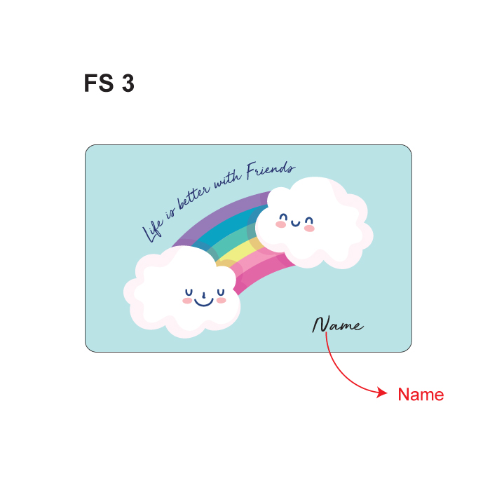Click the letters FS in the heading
tap(99, 83)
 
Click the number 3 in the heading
tap(128, 83)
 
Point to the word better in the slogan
tap(193, 198)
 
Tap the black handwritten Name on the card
tap(338, 324)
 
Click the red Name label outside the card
tap(421, 394)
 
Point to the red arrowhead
tap(382, 393)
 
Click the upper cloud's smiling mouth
tap(295, 224)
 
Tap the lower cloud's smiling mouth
tap(203, 301)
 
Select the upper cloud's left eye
tap(283, 217)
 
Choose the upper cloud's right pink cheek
tap(309, 229)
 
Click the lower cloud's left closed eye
tap(189, 292)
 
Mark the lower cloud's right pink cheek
tap(222, 300)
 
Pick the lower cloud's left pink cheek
tap(187, 301)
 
